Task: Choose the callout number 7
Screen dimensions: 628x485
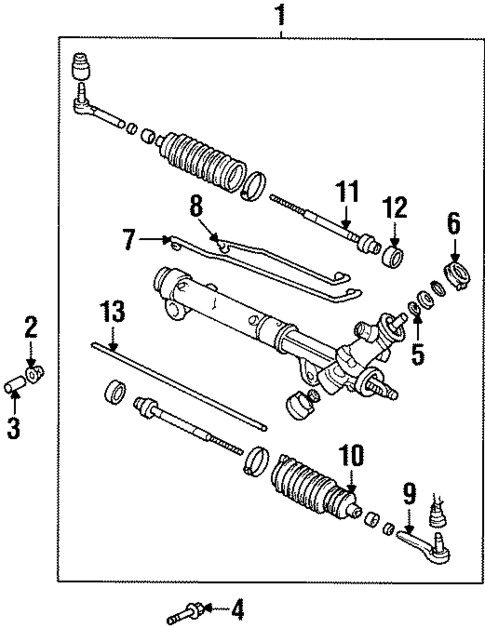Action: point(128,239)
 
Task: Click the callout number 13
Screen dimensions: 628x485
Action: point(113,311)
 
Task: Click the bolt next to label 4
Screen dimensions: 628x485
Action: point(188,607)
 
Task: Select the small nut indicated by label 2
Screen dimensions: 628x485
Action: point(35,374)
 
